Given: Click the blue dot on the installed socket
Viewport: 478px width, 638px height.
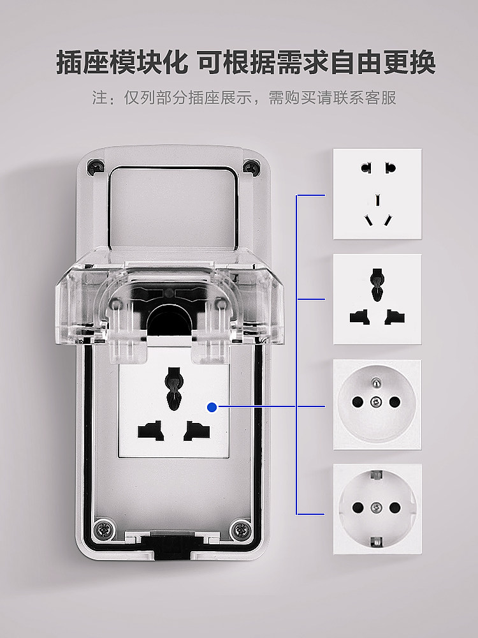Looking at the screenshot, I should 212,406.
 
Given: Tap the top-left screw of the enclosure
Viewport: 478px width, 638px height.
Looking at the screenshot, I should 96,167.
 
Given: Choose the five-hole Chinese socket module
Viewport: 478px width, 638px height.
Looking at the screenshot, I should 377,194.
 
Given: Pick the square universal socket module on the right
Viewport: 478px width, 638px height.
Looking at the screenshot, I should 377,299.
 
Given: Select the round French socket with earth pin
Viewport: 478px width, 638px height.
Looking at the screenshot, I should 377,404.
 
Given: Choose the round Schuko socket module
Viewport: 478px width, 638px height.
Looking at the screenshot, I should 377,508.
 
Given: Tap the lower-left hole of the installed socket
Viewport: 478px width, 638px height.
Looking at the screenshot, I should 149,431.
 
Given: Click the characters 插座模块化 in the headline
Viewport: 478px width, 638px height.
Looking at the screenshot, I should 122,63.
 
